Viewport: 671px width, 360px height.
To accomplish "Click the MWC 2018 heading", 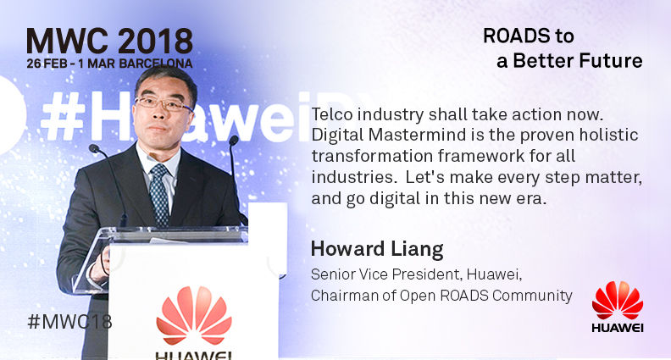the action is point(109,42).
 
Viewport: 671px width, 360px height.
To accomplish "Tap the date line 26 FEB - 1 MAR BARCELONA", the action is point(109,64).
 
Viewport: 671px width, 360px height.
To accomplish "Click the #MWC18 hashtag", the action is point(69,322).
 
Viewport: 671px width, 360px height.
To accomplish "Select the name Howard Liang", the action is point(377,250).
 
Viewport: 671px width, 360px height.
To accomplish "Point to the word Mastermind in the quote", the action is point(411,135).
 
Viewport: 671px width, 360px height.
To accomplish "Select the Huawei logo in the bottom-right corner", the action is point(618,307).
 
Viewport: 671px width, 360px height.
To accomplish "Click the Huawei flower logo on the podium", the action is point(194,315).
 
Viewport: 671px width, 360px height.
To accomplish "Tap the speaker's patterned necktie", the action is point(159,195).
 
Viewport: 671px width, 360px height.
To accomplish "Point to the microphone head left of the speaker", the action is point(94,148).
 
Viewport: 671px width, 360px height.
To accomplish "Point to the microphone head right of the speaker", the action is point(234,140).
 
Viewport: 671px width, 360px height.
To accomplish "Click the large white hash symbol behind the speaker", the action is point(62,115).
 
